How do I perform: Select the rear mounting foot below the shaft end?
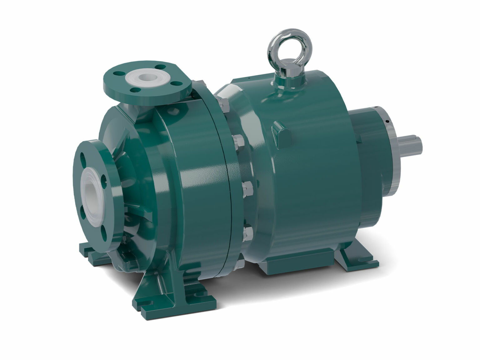coord(359,255)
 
